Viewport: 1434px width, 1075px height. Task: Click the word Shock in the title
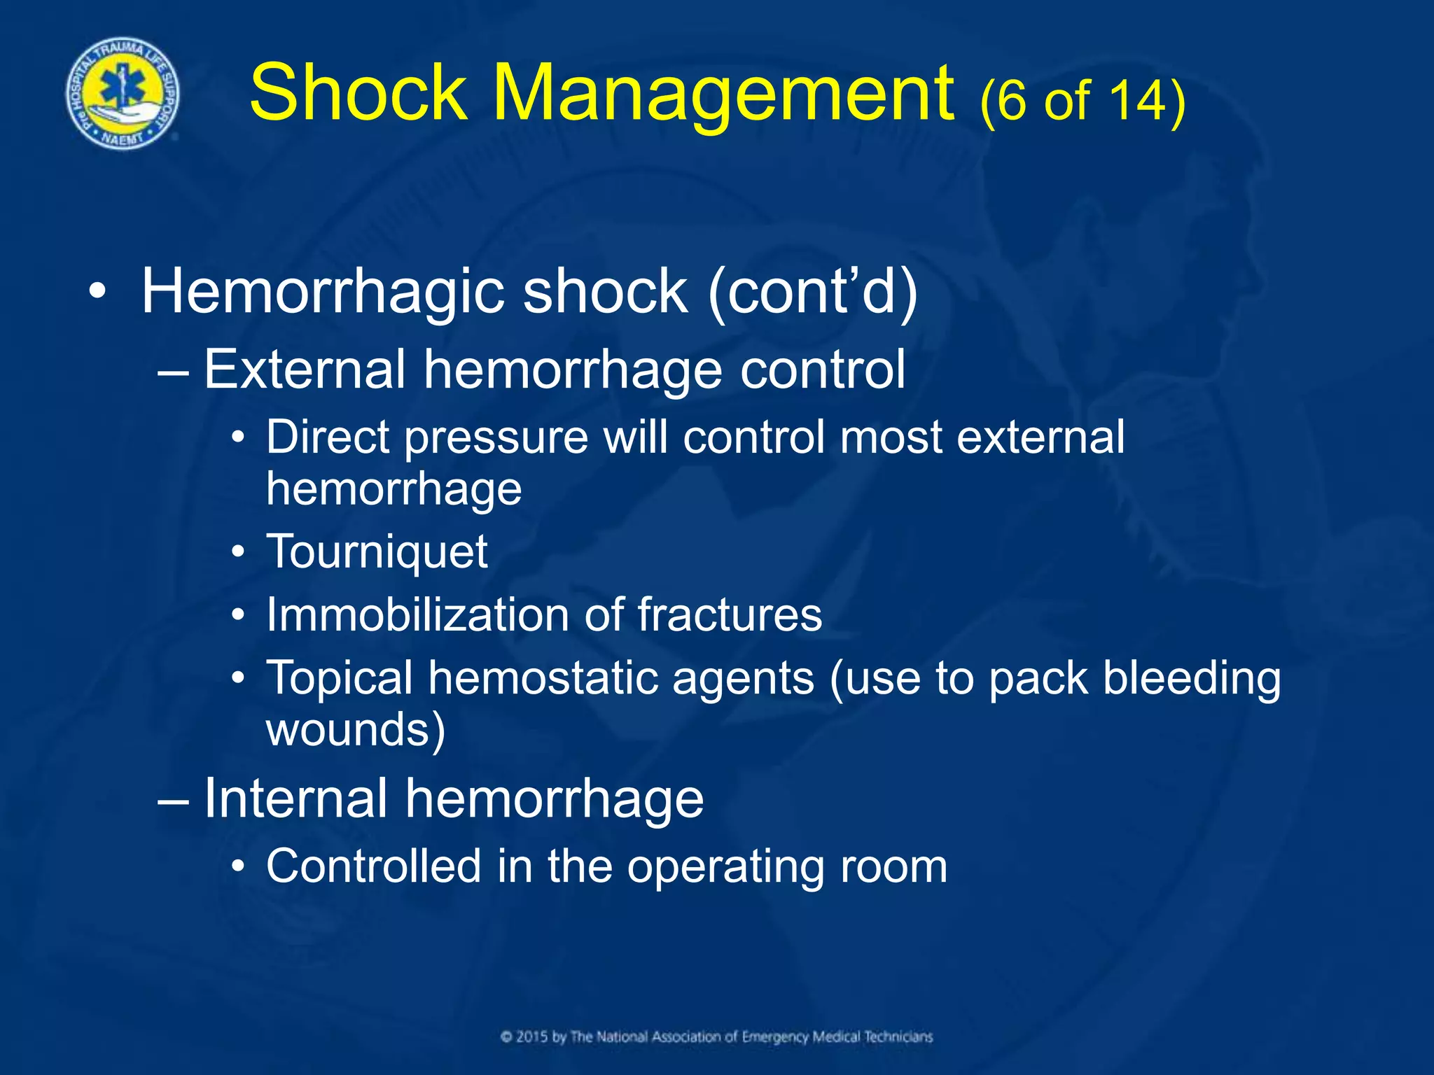pos(358,93)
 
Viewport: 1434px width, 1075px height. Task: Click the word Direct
pos(327,437)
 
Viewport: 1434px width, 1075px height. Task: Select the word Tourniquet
pos(377,552)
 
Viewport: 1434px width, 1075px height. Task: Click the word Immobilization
pos(417,615)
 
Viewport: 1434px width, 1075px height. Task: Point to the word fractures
pos(729,615)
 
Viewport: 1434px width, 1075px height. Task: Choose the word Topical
pos(340,679)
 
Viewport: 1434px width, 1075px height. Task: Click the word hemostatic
pos(543,678)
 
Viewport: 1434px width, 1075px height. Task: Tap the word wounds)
pos(355,730)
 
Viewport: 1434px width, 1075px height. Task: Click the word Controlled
pos(373,866)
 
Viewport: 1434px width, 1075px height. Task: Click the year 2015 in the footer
pos(533,1037)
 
